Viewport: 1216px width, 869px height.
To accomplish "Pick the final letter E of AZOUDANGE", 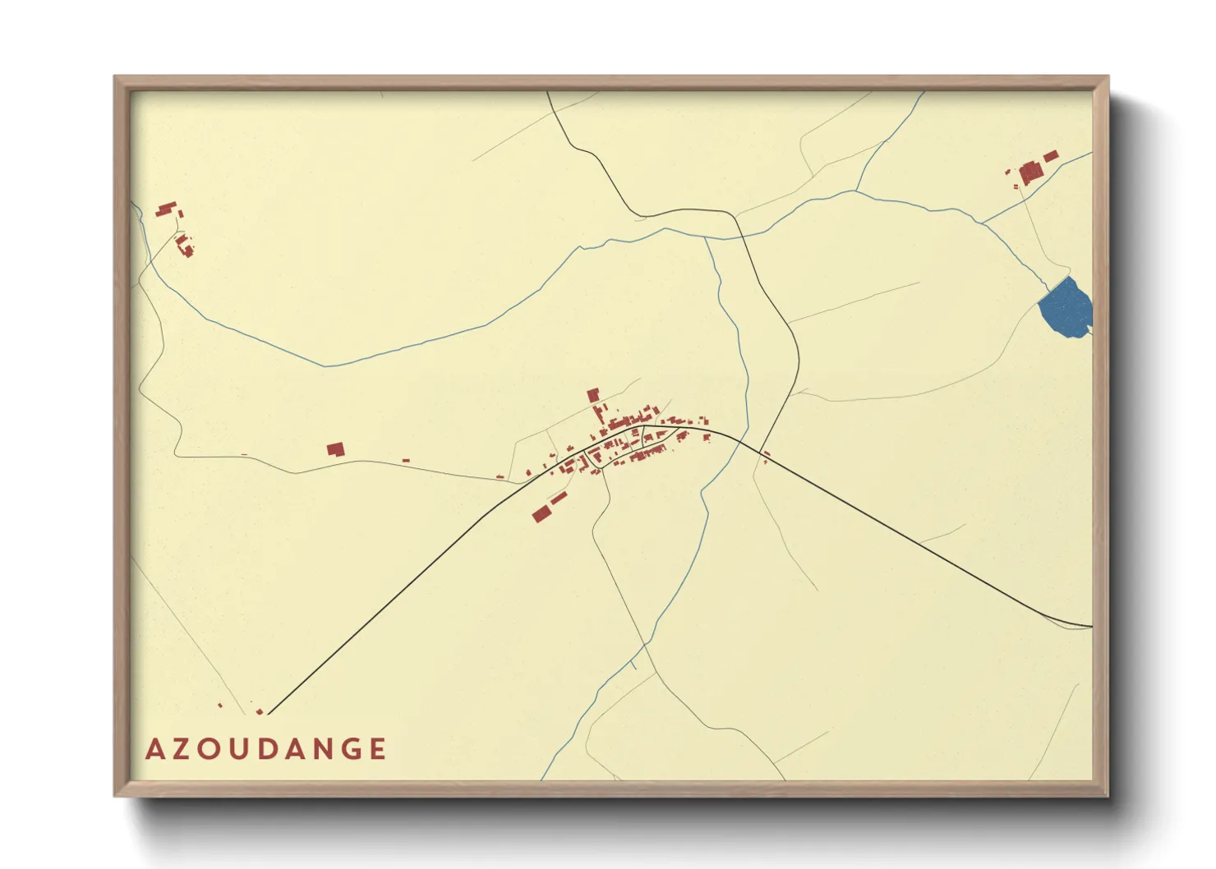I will (x=377, y=749).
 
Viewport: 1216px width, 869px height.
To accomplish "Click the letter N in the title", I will (x=321, y=749).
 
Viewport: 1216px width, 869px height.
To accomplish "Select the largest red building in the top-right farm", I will (x=1030, y=173).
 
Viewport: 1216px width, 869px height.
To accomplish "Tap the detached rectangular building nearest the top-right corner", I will (x=1050, y=155).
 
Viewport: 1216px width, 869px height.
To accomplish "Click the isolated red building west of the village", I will (x=335, y=449).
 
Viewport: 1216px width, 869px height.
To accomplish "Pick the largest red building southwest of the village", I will (x=541, y=514).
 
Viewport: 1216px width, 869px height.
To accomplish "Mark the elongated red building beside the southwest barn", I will (x=559, y=499).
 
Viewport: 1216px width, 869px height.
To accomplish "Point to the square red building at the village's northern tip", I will (x=593, y=395).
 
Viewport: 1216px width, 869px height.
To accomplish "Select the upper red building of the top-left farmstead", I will (x=168, y=209).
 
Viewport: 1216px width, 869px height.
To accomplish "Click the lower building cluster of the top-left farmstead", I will (x=185, y=245).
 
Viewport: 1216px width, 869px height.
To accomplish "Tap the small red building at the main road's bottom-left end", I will (x=260, y=711).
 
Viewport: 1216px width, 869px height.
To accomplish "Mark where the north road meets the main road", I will (x=742, y=441).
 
